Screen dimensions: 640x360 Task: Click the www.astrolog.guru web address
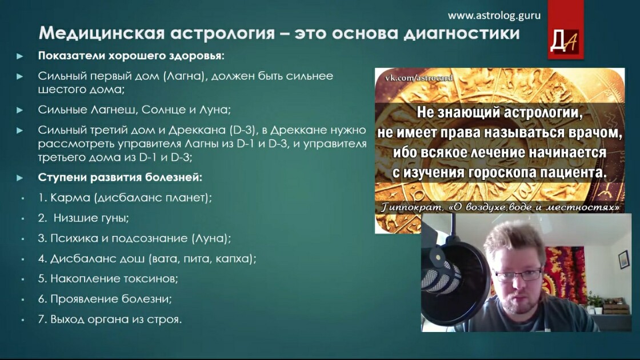click(x=494, y=16)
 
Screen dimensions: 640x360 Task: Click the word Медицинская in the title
click(x=102, y=33)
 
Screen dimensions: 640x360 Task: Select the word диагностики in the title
click(x=462, y=33)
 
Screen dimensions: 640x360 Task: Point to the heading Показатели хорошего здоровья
click(x=131, y=55)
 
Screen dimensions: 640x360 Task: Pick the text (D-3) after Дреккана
click(x=242, y=130)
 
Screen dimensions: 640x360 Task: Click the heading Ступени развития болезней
click(x=120, y=178)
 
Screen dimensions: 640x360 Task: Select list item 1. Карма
click(x=125, y=198)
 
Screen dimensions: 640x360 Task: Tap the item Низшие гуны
click(x=83, y=218)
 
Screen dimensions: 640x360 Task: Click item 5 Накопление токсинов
click(x=108, y=279)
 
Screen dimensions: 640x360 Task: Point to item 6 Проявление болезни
click(x=105, y=299)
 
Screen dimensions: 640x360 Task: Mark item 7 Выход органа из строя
click(x=110, y=319)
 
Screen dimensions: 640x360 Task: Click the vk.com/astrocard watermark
click(x=419, y=78)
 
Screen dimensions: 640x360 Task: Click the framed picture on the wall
click(x=623, y=259)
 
